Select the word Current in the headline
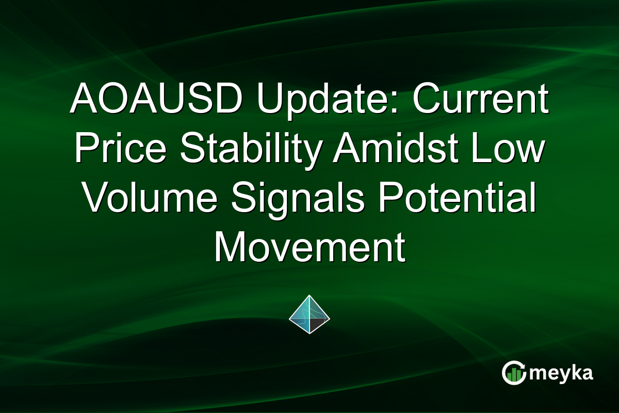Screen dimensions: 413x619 [483, 100]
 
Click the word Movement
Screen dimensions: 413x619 [309, 248]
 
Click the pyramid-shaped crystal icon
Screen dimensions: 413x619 [309, 314]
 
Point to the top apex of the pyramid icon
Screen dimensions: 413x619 [309, 296]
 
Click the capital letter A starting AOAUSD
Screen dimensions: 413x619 [83, 100]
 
